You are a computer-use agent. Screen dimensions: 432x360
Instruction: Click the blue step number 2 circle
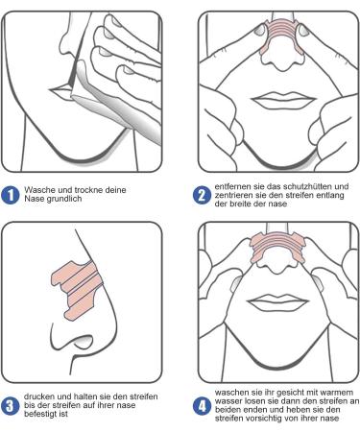tap(203, 196)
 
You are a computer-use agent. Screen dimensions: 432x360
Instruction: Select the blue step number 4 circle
tap(203, 405)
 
